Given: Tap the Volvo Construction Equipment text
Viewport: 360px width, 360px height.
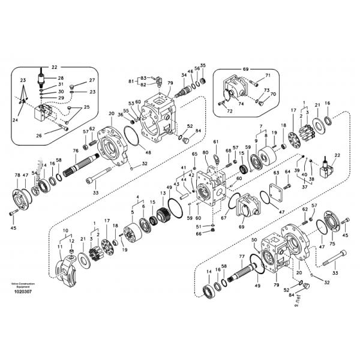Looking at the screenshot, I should coord(22,284).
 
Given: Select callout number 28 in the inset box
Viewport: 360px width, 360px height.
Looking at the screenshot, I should coord(61,79).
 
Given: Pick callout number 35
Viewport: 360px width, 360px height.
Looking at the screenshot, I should coord(203,65).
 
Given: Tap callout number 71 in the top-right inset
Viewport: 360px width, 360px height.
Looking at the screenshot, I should coord(268,76).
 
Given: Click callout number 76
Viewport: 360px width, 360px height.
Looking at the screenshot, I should coord(76,151).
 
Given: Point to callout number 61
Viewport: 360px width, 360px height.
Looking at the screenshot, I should coord(215,142).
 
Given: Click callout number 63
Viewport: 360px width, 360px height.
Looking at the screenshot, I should coord(277,173).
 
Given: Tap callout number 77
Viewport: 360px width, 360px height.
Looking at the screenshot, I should coord(242,256).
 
